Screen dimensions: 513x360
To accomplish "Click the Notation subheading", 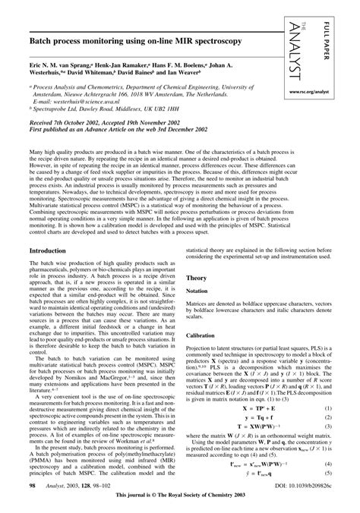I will pos(200,270).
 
